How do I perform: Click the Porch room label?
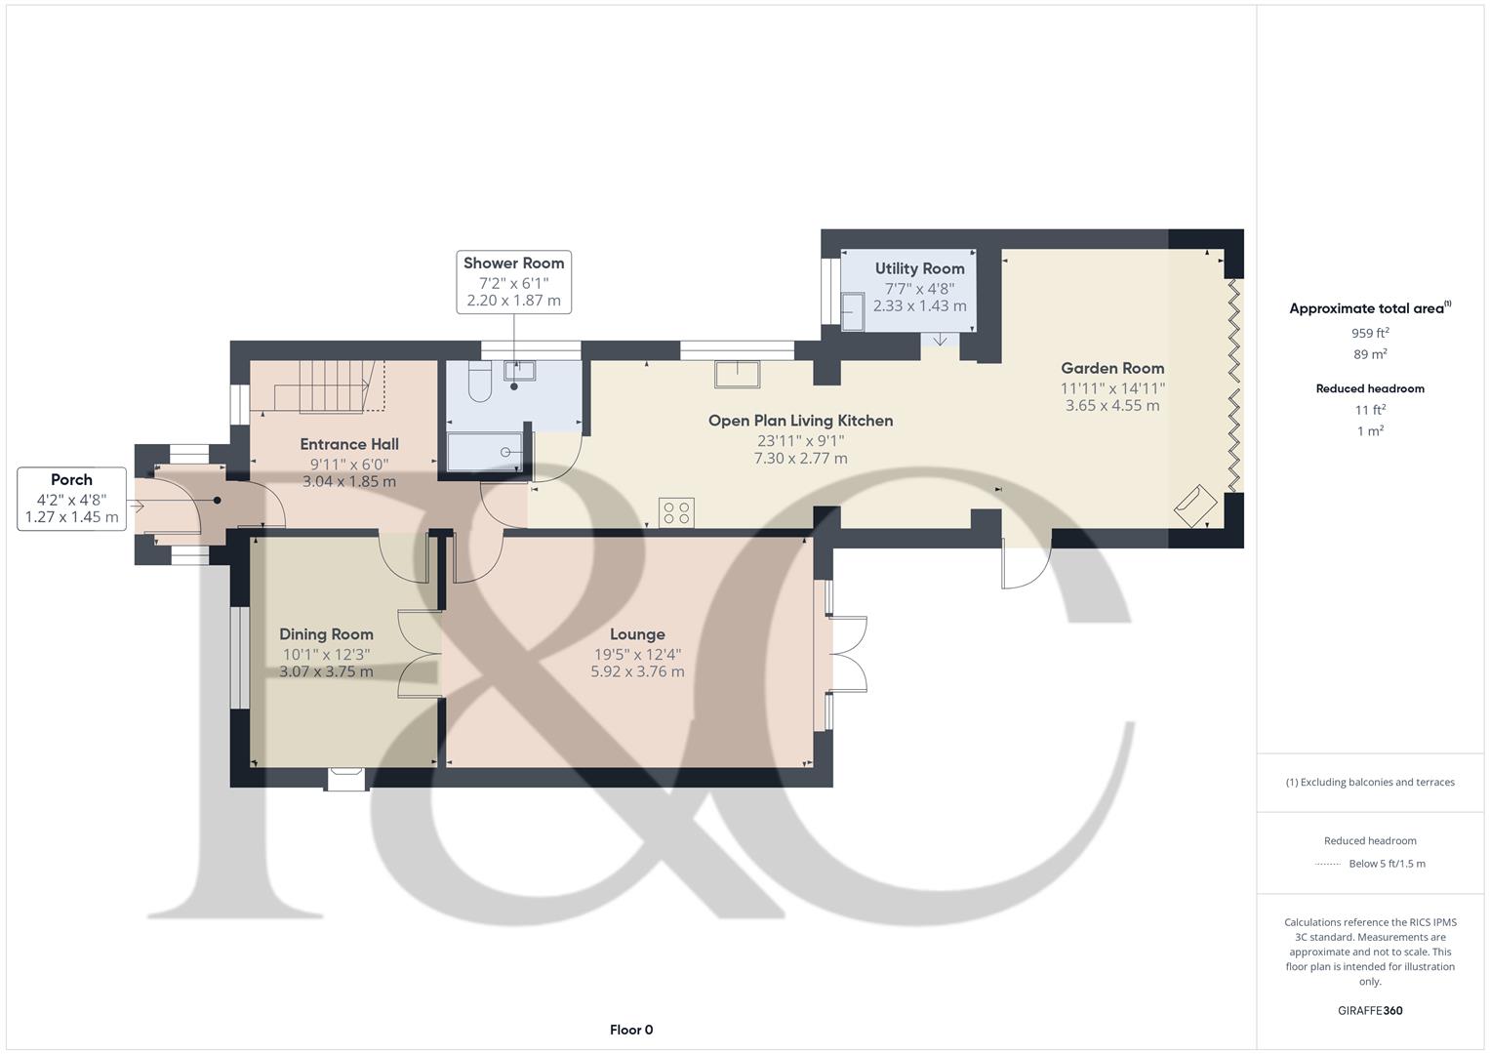71,479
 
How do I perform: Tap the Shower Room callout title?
513,263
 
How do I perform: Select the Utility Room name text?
919,268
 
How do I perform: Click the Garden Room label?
1112,368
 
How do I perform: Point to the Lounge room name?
637,634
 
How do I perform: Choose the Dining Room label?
326,634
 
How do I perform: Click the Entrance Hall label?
348,444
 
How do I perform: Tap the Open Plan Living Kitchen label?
800,421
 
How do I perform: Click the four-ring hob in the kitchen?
676,512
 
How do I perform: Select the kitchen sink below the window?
738,374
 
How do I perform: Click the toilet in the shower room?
479,384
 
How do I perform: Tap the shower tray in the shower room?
485,453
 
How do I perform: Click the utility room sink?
852,311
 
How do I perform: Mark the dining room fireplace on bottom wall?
346,778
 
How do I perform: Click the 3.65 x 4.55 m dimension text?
1112,405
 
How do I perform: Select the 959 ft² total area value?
1370,333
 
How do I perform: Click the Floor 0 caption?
630,1030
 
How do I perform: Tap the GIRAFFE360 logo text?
1370,1010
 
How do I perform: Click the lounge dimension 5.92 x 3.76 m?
637,671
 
